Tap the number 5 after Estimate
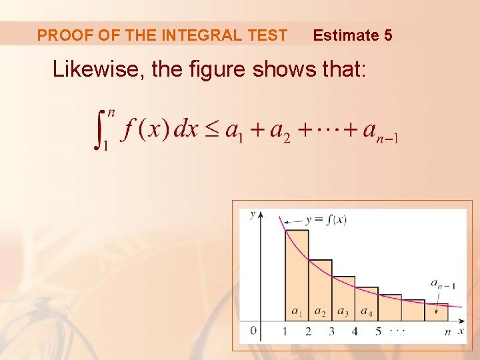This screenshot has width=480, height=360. pos(388,35)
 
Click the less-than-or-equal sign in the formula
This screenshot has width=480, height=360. pos(211,129)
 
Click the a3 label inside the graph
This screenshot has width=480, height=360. pos(343,311)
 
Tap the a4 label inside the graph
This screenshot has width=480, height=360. pos(366,311)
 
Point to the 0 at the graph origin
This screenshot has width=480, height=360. pos(253,330)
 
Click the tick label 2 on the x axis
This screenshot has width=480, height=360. pos(308,331)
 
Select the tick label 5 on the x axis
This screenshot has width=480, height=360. pos(378,331)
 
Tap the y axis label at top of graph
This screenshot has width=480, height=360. pos(252,214)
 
